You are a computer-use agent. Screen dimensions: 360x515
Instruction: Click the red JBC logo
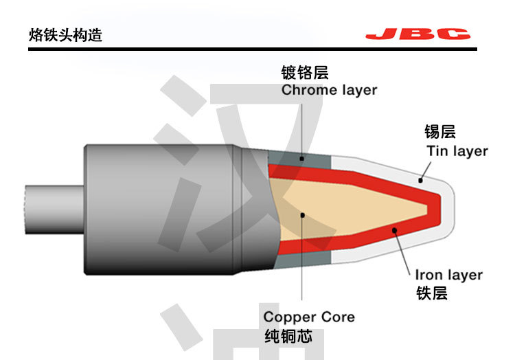tap(417, 34)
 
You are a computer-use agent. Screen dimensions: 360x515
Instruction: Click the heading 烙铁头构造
tap(65, 34)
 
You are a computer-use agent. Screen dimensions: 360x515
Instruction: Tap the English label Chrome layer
tap(329, 90)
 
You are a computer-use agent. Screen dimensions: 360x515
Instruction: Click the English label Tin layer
tap(457, 151)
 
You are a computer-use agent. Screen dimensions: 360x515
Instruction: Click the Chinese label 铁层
tap(432, 293)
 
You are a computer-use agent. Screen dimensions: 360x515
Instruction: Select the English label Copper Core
tap(309, 317)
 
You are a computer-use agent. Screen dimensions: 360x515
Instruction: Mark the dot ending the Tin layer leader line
tap(421, 180)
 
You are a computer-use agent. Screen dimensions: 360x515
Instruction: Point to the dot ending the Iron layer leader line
tap(394, 230)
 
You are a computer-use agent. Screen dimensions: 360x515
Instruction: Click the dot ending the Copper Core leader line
tap(301, 214)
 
